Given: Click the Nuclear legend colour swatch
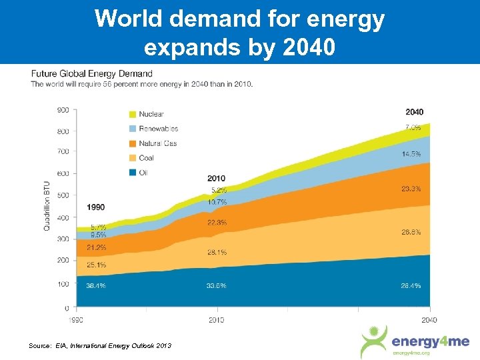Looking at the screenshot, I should tap(133, 115).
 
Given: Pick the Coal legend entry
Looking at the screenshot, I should tap(146, 158).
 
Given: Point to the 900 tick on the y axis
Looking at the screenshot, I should tap(62, 110).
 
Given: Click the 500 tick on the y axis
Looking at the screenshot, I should tap(62, 195).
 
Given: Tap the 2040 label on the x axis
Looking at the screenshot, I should tap(429, 320).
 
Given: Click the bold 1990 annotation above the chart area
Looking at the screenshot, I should tap(95, 207).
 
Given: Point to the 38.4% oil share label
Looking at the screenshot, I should tap(95, 285).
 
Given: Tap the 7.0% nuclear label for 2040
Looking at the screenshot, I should tap(413, 127).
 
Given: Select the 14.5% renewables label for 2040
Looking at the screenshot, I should tap(411, 154).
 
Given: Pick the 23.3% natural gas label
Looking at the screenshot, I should tap(411, 189).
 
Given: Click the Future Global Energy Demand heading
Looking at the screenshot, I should tap(91, 73).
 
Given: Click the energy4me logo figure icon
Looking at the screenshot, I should tap(373, 342).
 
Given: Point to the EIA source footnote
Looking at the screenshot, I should tap(100, 345).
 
